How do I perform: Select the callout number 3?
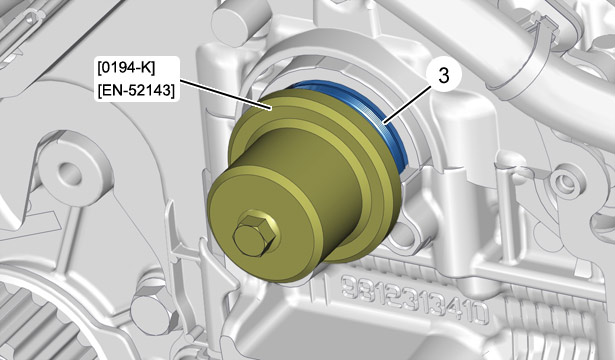tap(444, 76)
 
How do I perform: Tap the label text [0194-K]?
tap(126, 69)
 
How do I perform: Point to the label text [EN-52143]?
tap(136, 91)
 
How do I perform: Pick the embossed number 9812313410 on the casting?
tap(414, 300)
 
